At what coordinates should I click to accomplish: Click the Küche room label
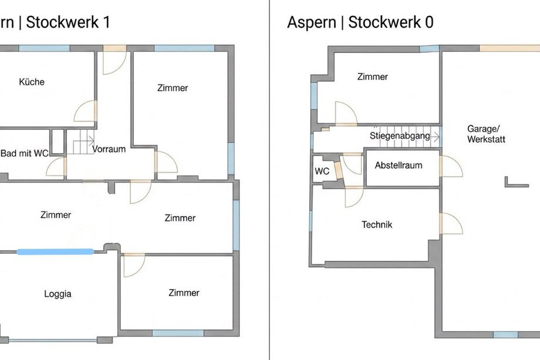[32, 82]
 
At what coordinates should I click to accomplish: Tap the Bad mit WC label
[25, 153]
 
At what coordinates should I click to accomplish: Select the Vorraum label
[109, 149]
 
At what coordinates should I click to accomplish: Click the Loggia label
[58, 294]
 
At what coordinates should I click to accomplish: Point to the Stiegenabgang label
[400, 136]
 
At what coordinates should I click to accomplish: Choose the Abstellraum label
[399, 166]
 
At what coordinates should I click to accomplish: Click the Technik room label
[377, 224]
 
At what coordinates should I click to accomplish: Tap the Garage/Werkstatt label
[486, 134]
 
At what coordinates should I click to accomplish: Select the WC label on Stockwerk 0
[322, 171]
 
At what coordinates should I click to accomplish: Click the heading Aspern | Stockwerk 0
[360, 22]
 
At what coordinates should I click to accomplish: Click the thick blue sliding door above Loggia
[55, 251]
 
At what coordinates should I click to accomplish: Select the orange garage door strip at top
[509, 48]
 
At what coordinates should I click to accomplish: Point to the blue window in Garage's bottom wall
[505, 335]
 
